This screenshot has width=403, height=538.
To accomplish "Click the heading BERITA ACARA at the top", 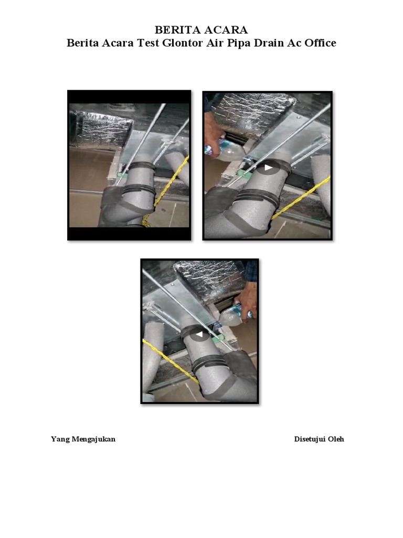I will pyautogui.click(x=201, y=30).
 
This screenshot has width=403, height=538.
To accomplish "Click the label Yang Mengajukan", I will pyautogui.click(x=83, y=439).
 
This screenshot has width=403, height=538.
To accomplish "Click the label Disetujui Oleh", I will pyautogui.click(x=319, y=439).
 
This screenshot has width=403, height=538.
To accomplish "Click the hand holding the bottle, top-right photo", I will pyautogui.click(x=213, y=134).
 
